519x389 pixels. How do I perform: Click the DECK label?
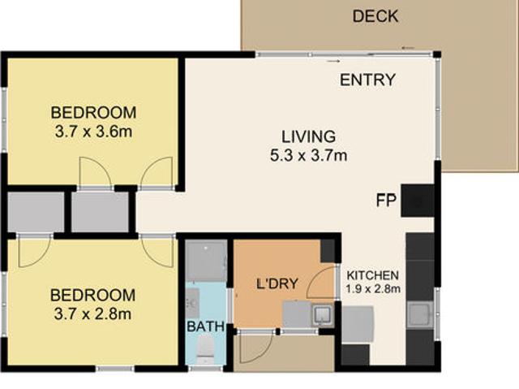pyautogui.click(x=375, y=16)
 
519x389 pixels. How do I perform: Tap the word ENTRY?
pyautogui.click(x=367, y=80)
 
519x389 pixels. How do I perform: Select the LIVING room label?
pyautogui.click(x=308, y=136)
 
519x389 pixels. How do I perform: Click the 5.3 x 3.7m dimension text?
pyautogui.click(x=308, y=155)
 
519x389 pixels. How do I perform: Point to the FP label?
pyautogui.click(x=386, y=201)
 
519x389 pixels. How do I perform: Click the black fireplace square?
pyautogui.click(x=418, y=201)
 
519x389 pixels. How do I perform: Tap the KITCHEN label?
pyautogui.click(x=373, y=275)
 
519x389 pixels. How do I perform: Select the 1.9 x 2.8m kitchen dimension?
pyautogui.click(x=373, y=289)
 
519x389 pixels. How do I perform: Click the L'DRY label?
pyautogui.click(x=277, y=283)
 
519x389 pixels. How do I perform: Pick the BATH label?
pyautogui.click(x=205, y=326)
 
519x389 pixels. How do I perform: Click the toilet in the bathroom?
pyautogui.click(x=205, y=351)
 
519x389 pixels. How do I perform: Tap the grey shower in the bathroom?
pyautogui.click(x=206, y=261)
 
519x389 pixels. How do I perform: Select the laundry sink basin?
pyautogui.click(x=322, y=313)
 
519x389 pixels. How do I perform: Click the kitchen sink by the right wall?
pyautogui.click(x=420, y=314)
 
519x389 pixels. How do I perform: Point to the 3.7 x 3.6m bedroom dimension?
pyautogui.click(x=94, y=132)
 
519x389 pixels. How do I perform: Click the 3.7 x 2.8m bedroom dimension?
pyautogui.click(x=93, y=313)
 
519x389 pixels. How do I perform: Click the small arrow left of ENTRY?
pyautogui.click(x=333, y=61)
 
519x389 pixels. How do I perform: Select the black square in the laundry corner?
pyautogui.click(x=328, y=249)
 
